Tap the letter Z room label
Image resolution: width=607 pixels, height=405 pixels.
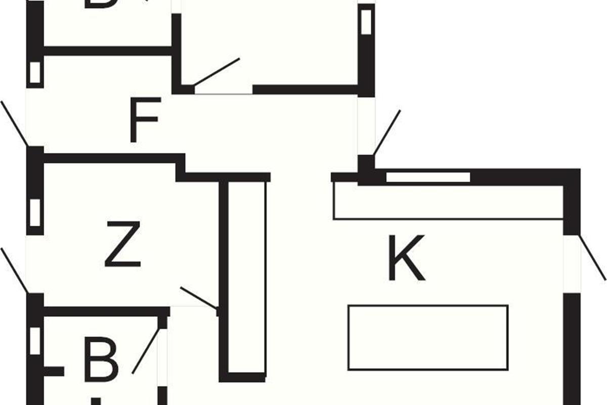pos(122,245)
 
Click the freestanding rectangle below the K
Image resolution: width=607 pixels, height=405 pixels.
pos(428,338)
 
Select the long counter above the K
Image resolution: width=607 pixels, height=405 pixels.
pos(448,202)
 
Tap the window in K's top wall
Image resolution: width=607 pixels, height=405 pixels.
pos(428,177)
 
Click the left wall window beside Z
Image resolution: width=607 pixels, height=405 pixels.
pos(34,213)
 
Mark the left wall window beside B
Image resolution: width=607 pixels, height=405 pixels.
pos(34,341)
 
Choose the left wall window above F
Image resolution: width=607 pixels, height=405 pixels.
pos(34,72)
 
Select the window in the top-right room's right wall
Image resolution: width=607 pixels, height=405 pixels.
pos(366,22)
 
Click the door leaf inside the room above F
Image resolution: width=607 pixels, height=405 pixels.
pos(216,71)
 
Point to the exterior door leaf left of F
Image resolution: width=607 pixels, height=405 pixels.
pos(14,124)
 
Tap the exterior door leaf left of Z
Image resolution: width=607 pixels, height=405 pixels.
pos(14,270)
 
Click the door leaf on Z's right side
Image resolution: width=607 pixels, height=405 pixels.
pos(199,298)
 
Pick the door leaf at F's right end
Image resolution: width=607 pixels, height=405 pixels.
pos(387,133)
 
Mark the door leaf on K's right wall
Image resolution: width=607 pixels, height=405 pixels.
pos(592,257)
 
